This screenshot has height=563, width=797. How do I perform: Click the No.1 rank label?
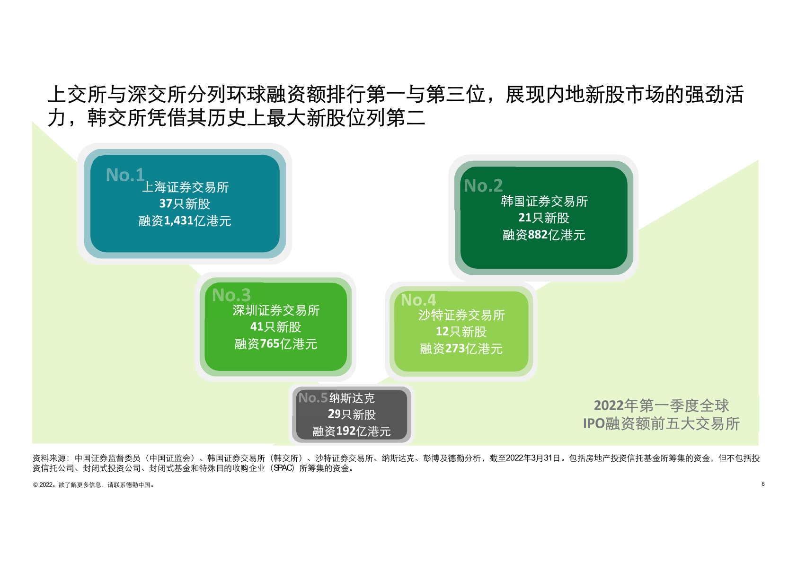click(x=125, y=175)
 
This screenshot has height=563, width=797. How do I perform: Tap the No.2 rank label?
click(x=483, y=185)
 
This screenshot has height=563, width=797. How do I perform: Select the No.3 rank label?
click(x=231, y=295)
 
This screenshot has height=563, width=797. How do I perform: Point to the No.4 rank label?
click(x=418, y=300)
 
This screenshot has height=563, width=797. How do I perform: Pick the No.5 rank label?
click(x=313, y=397)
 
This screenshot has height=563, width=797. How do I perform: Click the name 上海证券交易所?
click(x=186, y=187)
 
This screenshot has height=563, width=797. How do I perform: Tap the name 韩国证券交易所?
click(x=544, y=201)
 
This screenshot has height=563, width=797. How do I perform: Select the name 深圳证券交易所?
click(x=276, y=310)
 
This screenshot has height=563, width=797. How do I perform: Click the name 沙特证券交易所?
click(x=461, y=315)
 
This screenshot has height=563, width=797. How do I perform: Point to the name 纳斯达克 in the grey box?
click(x=352, y=398)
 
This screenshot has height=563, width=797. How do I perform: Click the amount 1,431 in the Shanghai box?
click(x=178, y=221)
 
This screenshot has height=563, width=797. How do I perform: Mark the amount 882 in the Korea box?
click(x=538, y=235)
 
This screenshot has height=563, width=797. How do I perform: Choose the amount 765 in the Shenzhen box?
click(x=270, y=344)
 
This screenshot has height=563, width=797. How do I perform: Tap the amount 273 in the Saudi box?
click(x=455, y=349)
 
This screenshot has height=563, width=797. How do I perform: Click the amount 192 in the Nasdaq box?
click(x=346, y=431)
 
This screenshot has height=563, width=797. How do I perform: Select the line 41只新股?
click(x=276, y=327)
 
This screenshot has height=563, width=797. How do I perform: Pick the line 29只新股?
click(x=352, y=414)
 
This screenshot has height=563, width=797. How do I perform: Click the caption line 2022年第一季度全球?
click(x=662, y=405)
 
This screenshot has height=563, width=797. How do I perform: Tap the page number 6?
click(x=763, y=484)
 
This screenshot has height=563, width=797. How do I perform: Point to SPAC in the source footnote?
click(x=283, y=468)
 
